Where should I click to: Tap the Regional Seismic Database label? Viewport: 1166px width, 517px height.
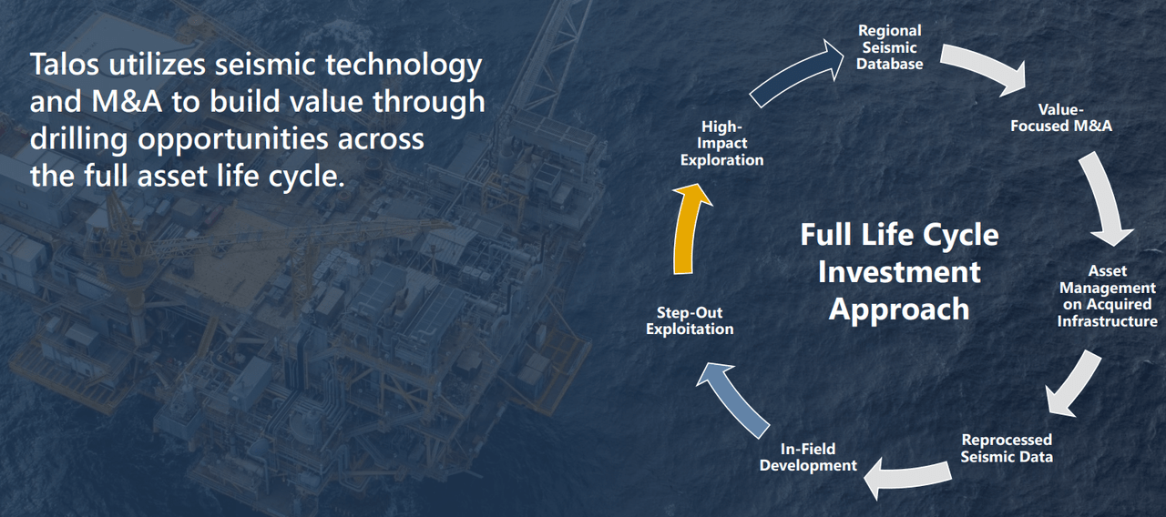[890, 48]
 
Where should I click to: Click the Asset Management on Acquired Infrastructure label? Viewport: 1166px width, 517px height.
[1107, 296]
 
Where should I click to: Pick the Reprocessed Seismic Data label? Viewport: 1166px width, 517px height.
[1007, 448]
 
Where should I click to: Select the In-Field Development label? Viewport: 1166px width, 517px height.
[808, 457]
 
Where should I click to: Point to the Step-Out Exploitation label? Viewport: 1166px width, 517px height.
[690, 320]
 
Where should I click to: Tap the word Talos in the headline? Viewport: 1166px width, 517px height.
[65, 65]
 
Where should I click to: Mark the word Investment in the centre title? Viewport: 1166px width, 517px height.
[898, 271]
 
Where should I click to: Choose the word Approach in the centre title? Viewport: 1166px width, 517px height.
[898, 309]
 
